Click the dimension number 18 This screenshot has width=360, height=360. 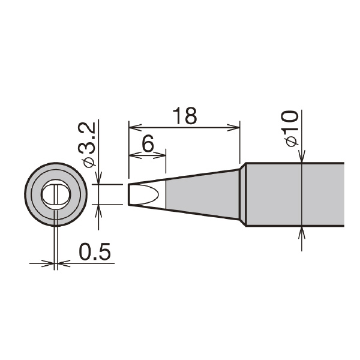pyautogui.click(x=185, y=115)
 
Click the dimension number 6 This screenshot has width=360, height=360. pyautogui.click(x=148, y=143)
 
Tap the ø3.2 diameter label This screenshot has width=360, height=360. pyautogui.click(x=86, y=145)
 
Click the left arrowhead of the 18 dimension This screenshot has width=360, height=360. pyautogui.click(x=135, y=127)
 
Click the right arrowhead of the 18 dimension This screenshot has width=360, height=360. pyautogui.click(x=233, y=127)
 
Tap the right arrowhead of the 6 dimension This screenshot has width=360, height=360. pyautogui.click(x=160, y=155)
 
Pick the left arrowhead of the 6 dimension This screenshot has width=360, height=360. pyautogui.click(x=135, y=155)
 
